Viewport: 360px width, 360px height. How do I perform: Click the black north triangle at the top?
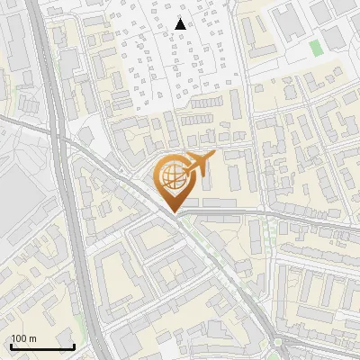coord(181,23)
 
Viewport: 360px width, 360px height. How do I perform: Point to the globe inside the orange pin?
coord(171,175)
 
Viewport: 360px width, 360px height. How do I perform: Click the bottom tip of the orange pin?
coord(175,213)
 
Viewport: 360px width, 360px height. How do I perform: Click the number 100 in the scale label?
coord(18,338)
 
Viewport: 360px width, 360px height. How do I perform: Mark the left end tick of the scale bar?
coord(11,346)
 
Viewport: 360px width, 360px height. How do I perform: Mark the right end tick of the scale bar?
coord(74,346)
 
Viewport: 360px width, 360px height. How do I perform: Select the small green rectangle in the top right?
coord(315,46)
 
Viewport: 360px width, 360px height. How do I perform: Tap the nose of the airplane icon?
coord(215,157)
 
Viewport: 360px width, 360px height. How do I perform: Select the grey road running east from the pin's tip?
coord(270,216)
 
